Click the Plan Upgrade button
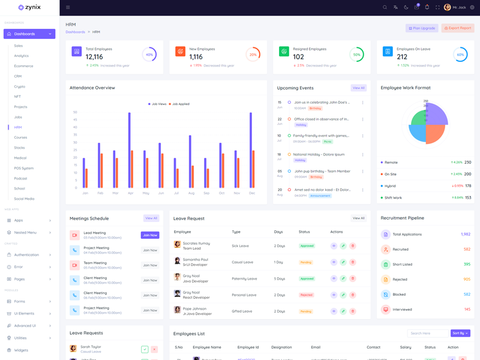[422, 28]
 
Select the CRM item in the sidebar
[18, 76]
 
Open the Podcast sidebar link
[20, 178]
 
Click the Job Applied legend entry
[179, 104]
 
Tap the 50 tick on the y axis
[75, 112]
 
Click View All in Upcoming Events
[358, 88]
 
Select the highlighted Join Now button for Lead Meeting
[150, 235]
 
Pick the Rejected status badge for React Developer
[306, 295]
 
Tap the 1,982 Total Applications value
[465, 234]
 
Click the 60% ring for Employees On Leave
[460, 55]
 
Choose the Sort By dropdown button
[460, 333]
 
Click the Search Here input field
[427, 333]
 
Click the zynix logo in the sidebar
[29, 7]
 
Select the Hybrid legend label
[391, 186]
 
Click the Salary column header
[406, 347]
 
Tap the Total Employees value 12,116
[94, 57]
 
